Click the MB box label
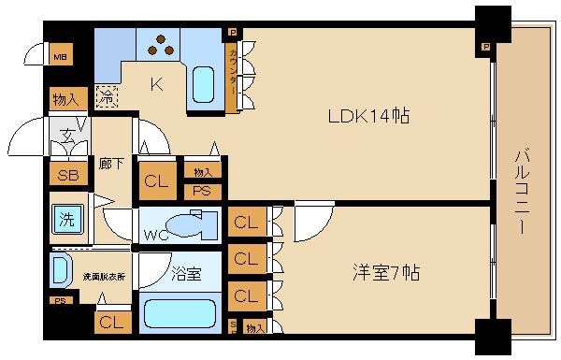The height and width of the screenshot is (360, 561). pyautogui.click(x=59, y=55)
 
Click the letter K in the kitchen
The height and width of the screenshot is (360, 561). pyautogui.click(x=157, y=85)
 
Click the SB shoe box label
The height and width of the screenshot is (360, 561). pyautogui.click(x=66, y=176)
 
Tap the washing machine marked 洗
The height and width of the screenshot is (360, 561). pyautogui.click(x=65, y=222)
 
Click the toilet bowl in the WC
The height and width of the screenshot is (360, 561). pyautogui.click(x=193, y=224)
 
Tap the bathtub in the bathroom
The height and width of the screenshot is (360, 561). pyautogui.click(x=182, y=311)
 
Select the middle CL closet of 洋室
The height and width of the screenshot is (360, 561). pyautogui.click(x=245, y=258)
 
